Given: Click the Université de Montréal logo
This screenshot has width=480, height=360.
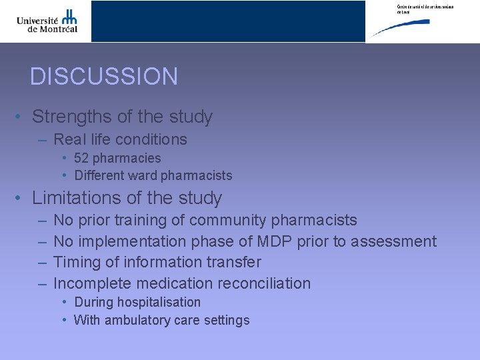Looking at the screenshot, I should (47, 20).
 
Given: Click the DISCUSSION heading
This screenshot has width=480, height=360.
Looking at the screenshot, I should (104, 77).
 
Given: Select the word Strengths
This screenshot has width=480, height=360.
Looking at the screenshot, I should (72, 117).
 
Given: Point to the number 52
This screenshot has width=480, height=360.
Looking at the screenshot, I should (81, 158).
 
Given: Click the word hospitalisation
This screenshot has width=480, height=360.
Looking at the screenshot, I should (159, 302).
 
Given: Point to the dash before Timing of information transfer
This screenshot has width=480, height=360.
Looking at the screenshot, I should (42, 263).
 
